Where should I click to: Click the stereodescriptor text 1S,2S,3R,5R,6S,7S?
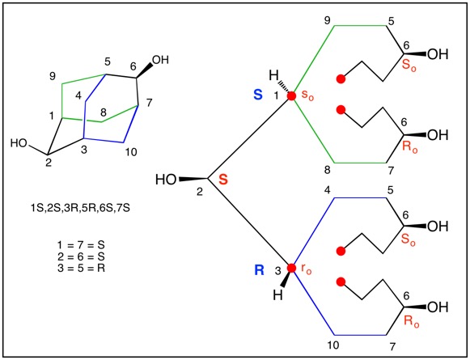click(x=80, y=208)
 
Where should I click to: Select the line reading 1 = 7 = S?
click(x=81, y=245)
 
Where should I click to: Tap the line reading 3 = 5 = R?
click(x=81, y=268)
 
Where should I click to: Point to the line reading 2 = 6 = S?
click(x=81, y=256)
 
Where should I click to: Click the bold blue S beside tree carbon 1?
click(x=258, y=95)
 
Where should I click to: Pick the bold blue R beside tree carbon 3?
click(x=259, y=270)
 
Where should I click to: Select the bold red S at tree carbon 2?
click(x=223, y=180)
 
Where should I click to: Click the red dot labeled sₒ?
click(x=291, y=96)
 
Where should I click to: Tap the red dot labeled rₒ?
click(x=291, y=268)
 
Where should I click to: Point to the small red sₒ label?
click(x=307, y=95)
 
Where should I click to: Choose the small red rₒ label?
click(x=307, y=269)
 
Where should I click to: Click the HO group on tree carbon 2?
click(x=166, y=180)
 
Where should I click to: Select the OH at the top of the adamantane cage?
click(x=160, y=60)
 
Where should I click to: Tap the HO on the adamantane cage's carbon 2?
click(x=19, y=143)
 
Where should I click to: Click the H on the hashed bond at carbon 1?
click(x=273, y=75)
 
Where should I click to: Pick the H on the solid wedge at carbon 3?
click(x=277, y=295)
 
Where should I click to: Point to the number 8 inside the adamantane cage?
click(x=103, y=112)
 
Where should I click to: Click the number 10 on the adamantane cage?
click(x=130, y=152)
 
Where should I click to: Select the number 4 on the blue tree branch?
click(x=328, y=190)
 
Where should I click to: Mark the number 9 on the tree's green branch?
click(x=327, y=21)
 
